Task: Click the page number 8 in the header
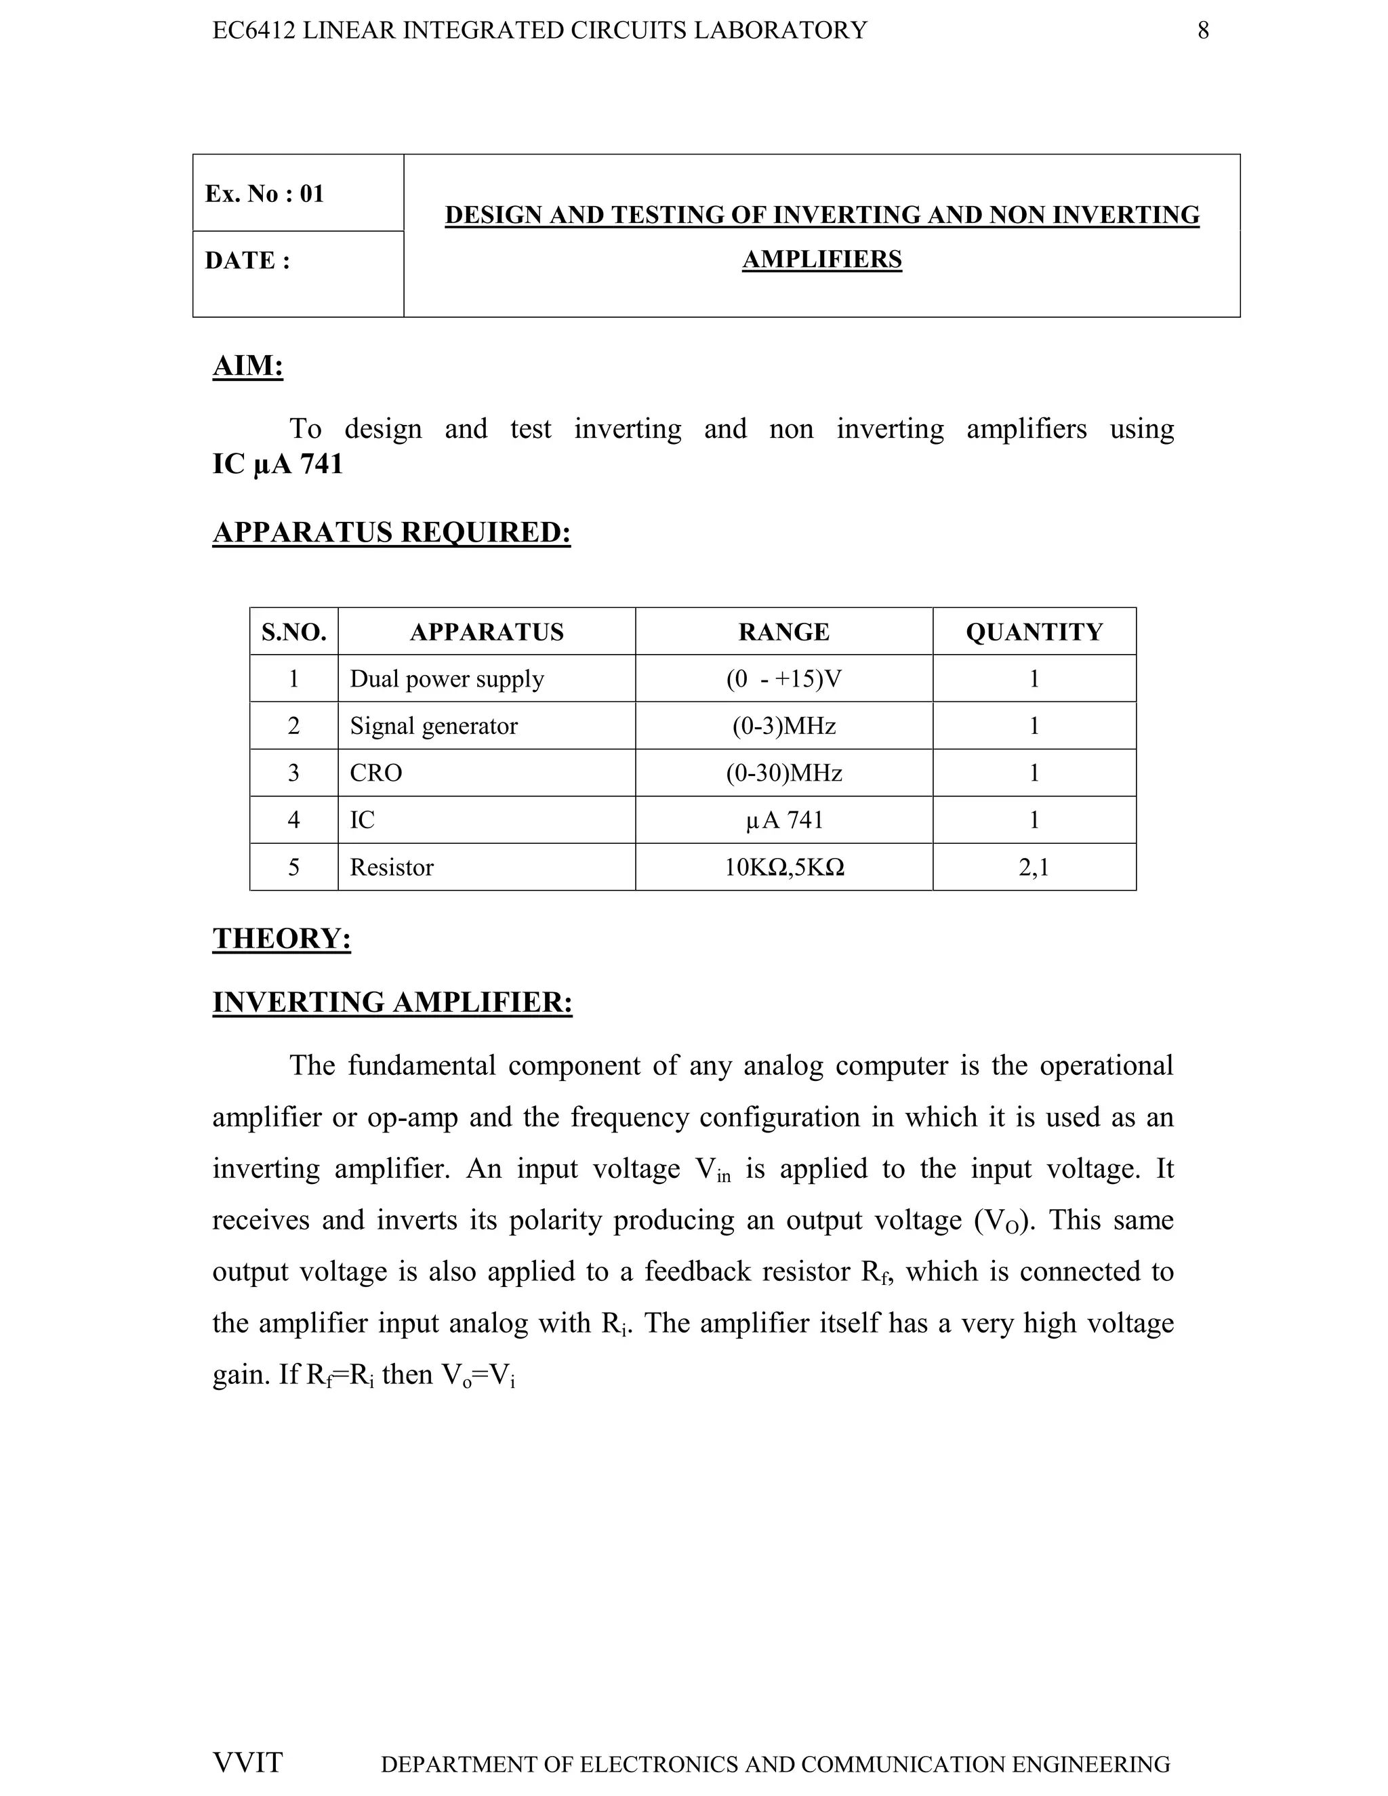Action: (x=1202, y=30)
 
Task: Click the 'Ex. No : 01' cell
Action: (x=265, y=194)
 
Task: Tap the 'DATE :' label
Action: (x=247, y=261)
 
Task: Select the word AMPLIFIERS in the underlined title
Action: (x=821, y=260)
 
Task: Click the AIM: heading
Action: (x=247, y=365)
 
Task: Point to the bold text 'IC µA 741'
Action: (x=277, y=465)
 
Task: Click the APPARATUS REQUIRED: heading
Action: (x=392, y=532)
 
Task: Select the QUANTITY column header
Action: (x=1034, y=632)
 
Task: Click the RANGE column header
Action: (x=783, y=632)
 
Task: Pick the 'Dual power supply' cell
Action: (x=447, y=679)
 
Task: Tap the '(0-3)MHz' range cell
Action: (x=783, y=726)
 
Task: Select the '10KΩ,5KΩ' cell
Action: (x=783, y=868)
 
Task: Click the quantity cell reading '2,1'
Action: (x=1034, y=868)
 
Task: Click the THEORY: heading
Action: (x=281, y=938)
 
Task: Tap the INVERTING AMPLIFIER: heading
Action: (x=392, y=1002)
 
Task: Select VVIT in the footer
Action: (x=247, y=1762)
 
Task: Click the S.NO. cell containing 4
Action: (x=293, y=820)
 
